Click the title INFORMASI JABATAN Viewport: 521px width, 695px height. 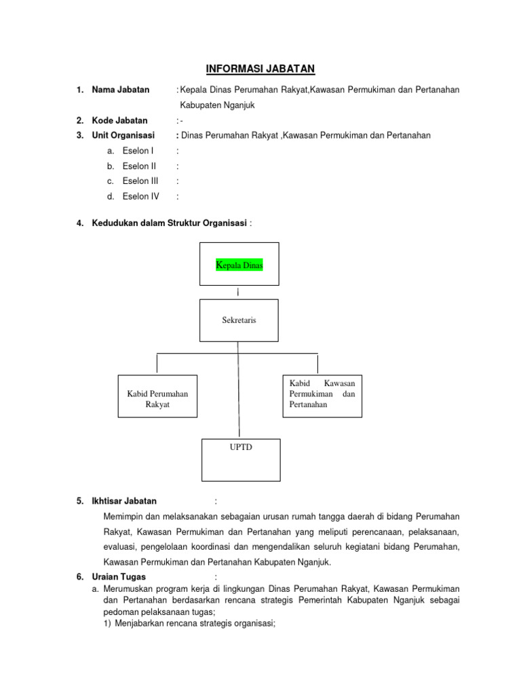click(260, 69)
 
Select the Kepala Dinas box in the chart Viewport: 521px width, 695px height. click(239, 265)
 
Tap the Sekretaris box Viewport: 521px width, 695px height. click(239, 320)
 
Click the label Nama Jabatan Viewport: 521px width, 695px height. click(121, 90)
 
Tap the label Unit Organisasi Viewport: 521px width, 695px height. click(123, 135)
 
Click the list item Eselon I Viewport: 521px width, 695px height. click(138, 151)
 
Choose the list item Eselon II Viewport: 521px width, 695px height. click(139, 166)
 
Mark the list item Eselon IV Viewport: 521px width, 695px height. click(140, 197)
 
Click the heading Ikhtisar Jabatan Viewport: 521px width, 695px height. click(124, 501)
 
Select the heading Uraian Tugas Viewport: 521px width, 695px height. click(119, 577)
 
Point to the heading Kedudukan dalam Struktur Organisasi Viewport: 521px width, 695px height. click(170, 223)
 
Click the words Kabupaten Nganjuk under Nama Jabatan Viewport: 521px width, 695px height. click(217, 105)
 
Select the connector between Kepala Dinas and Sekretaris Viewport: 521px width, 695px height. click(239, 293)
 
